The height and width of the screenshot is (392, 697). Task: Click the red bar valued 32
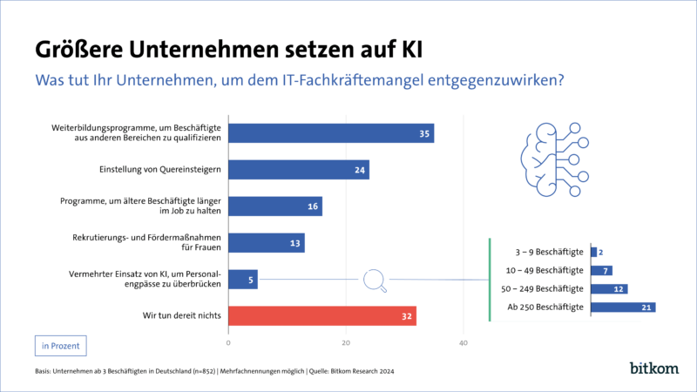coord(322,315)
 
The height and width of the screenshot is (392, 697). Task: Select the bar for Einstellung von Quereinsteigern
coord(299,170)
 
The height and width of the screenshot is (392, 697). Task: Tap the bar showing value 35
coord(331,133)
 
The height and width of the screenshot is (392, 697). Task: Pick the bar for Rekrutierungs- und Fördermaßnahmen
coord(267,243)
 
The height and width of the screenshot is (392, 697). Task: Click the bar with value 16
coord(275,206)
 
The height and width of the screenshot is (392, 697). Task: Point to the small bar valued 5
coord(243,280)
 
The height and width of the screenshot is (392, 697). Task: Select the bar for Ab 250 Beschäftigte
coord(623,307)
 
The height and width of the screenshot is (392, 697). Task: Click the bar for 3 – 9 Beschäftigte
coord(594,253)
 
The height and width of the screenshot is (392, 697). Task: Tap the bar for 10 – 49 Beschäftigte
coord(601,270)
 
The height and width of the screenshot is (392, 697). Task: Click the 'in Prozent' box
coord(61,346)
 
